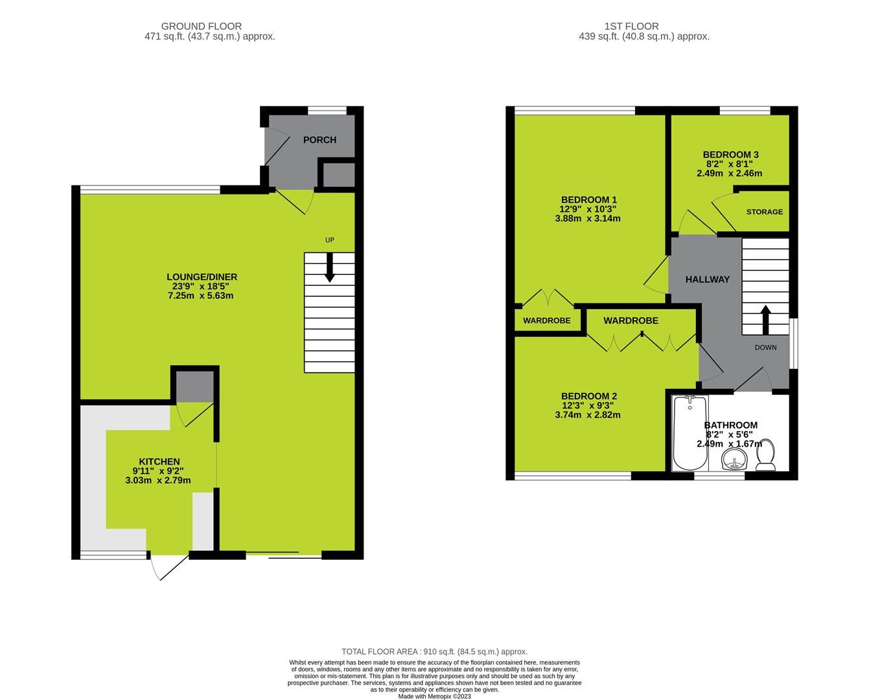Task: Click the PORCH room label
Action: click(319, 140)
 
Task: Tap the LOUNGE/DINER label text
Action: click(202, 277)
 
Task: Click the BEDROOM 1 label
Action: click(588, 200)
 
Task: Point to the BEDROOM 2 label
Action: click(588, 396)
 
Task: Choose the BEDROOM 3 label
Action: click(730, 155)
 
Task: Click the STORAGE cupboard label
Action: click(764, 212)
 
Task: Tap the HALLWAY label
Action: click(708, 279)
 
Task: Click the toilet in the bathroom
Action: click(766, 455)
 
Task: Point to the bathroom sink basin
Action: click(734, 461)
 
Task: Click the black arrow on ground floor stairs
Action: click(330, 267)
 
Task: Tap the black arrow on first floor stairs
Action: click(765, 319)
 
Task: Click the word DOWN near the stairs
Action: click(765, 347)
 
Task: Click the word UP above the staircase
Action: click(329, 240)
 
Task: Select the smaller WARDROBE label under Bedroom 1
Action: click(547, 321)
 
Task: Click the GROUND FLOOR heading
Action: click(202, 27)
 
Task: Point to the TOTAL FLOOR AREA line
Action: click(434, 651)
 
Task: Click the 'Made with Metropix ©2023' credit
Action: click(434, 697)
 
